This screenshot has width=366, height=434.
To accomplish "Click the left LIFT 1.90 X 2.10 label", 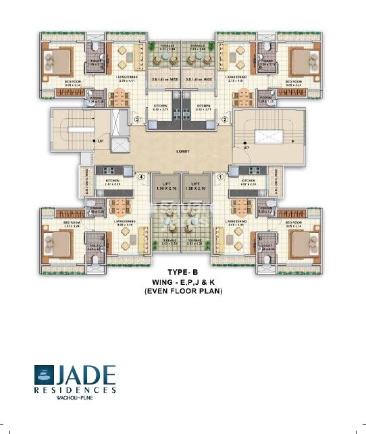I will pyautogui.click(x=163, y=187).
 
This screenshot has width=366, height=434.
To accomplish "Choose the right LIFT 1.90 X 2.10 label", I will pyautogui.click(x=197, y=187).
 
